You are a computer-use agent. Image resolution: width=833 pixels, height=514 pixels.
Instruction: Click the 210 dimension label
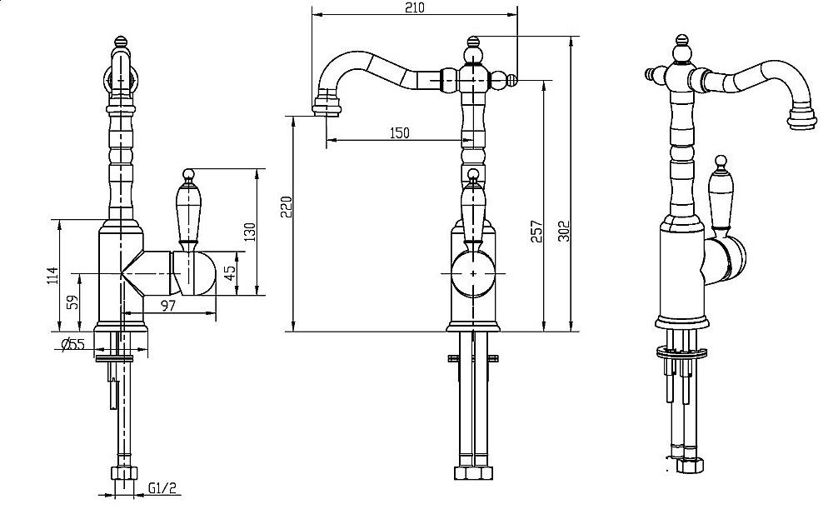414,8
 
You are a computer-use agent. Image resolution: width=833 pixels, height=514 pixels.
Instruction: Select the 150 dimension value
400,133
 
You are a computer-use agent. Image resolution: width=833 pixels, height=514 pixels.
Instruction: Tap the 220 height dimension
287,207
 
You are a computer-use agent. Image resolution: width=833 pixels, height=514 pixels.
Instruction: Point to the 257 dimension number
536,232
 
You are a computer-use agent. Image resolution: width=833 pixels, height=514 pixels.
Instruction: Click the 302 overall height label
564,232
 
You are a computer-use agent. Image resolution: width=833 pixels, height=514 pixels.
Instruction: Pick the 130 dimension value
250,232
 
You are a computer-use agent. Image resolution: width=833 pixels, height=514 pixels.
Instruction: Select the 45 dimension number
229,272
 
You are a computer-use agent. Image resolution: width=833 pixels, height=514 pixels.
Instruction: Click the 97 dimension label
168,306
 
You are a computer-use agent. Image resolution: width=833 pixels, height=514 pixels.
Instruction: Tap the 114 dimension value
52,275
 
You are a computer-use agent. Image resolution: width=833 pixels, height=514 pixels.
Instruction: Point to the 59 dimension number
73,302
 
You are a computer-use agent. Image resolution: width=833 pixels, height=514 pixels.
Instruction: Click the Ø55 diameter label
73,344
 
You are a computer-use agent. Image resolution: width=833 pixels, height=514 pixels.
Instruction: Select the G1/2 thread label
162,488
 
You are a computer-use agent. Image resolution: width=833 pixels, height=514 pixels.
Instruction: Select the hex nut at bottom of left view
124,474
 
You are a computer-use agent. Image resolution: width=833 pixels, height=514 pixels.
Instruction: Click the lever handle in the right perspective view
721,193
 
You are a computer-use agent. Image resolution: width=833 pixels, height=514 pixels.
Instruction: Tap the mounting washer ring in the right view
682,352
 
